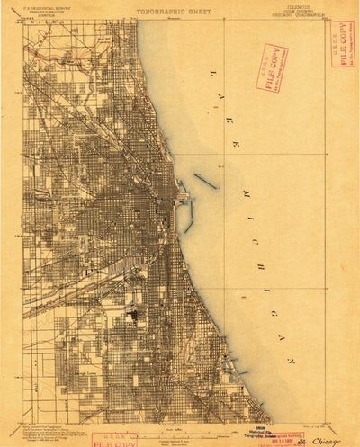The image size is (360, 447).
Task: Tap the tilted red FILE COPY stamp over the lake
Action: (271, 68)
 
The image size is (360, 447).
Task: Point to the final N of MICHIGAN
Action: (289, 359)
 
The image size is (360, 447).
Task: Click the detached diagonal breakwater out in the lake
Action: (205, 181)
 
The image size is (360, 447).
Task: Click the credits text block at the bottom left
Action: (54, 431)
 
